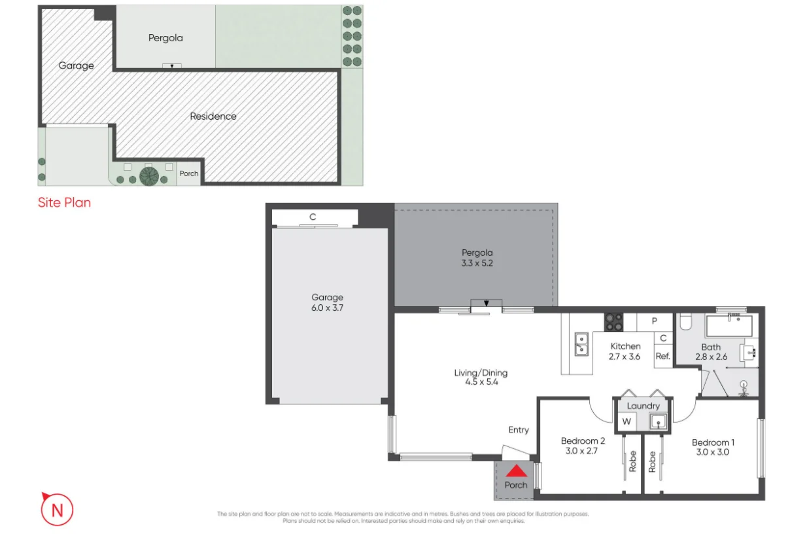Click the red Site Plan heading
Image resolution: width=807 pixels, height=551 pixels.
click(x=64, y=203)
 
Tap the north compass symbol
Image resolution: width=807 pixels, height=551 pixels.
click(x=57, y=510)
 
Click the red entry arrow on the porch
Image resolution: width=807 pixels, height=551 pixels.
click(x=517, y=471)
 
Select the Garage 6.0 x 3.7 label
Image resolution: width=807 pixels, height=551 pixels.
click(x=327, y=302)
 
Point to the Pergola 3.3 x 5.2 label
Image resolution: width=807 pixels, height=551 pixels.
click(x=477, y=257)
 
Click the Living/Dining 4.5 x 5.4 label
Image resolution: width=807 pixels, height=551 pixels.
click(x=481, y=378)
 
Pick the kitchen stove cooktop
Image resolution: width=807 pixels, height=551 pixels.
click(x=613, y=321)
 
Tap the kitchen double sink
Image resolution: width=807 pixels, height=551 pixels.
click(x=580, y=344)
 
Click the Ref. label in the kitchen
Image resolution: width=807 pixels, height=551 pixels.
click(x=662, y=357)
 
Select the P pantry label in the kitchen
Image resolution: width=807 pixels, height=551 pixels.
click(x=656, y=321)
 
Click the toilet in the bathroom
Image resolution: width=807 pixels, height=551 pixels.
click(x=685, y=321)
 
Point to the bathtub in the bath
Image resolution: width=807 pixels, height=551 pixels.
click(x=729, y=325)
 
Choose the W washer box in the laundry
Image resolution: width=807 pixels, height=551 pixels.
click(x=627, y=421)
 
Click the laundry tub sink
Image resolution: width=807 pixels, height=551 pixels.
click(x=657, y=421)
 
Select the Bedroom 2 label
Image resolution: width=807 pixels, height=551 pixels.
click(x=583, y=446)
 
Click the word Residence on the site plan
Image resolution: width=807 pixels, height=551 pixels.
click(x=213, y=116)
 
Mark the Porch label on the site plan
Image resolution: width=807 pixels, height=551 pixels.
click(x=189, y=173)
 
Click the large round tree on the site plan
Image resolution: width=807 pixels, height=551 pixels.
click(x=149, y=176)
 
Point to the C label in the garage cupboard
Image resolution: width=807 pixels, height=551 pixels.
click(x=313, y=217)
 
